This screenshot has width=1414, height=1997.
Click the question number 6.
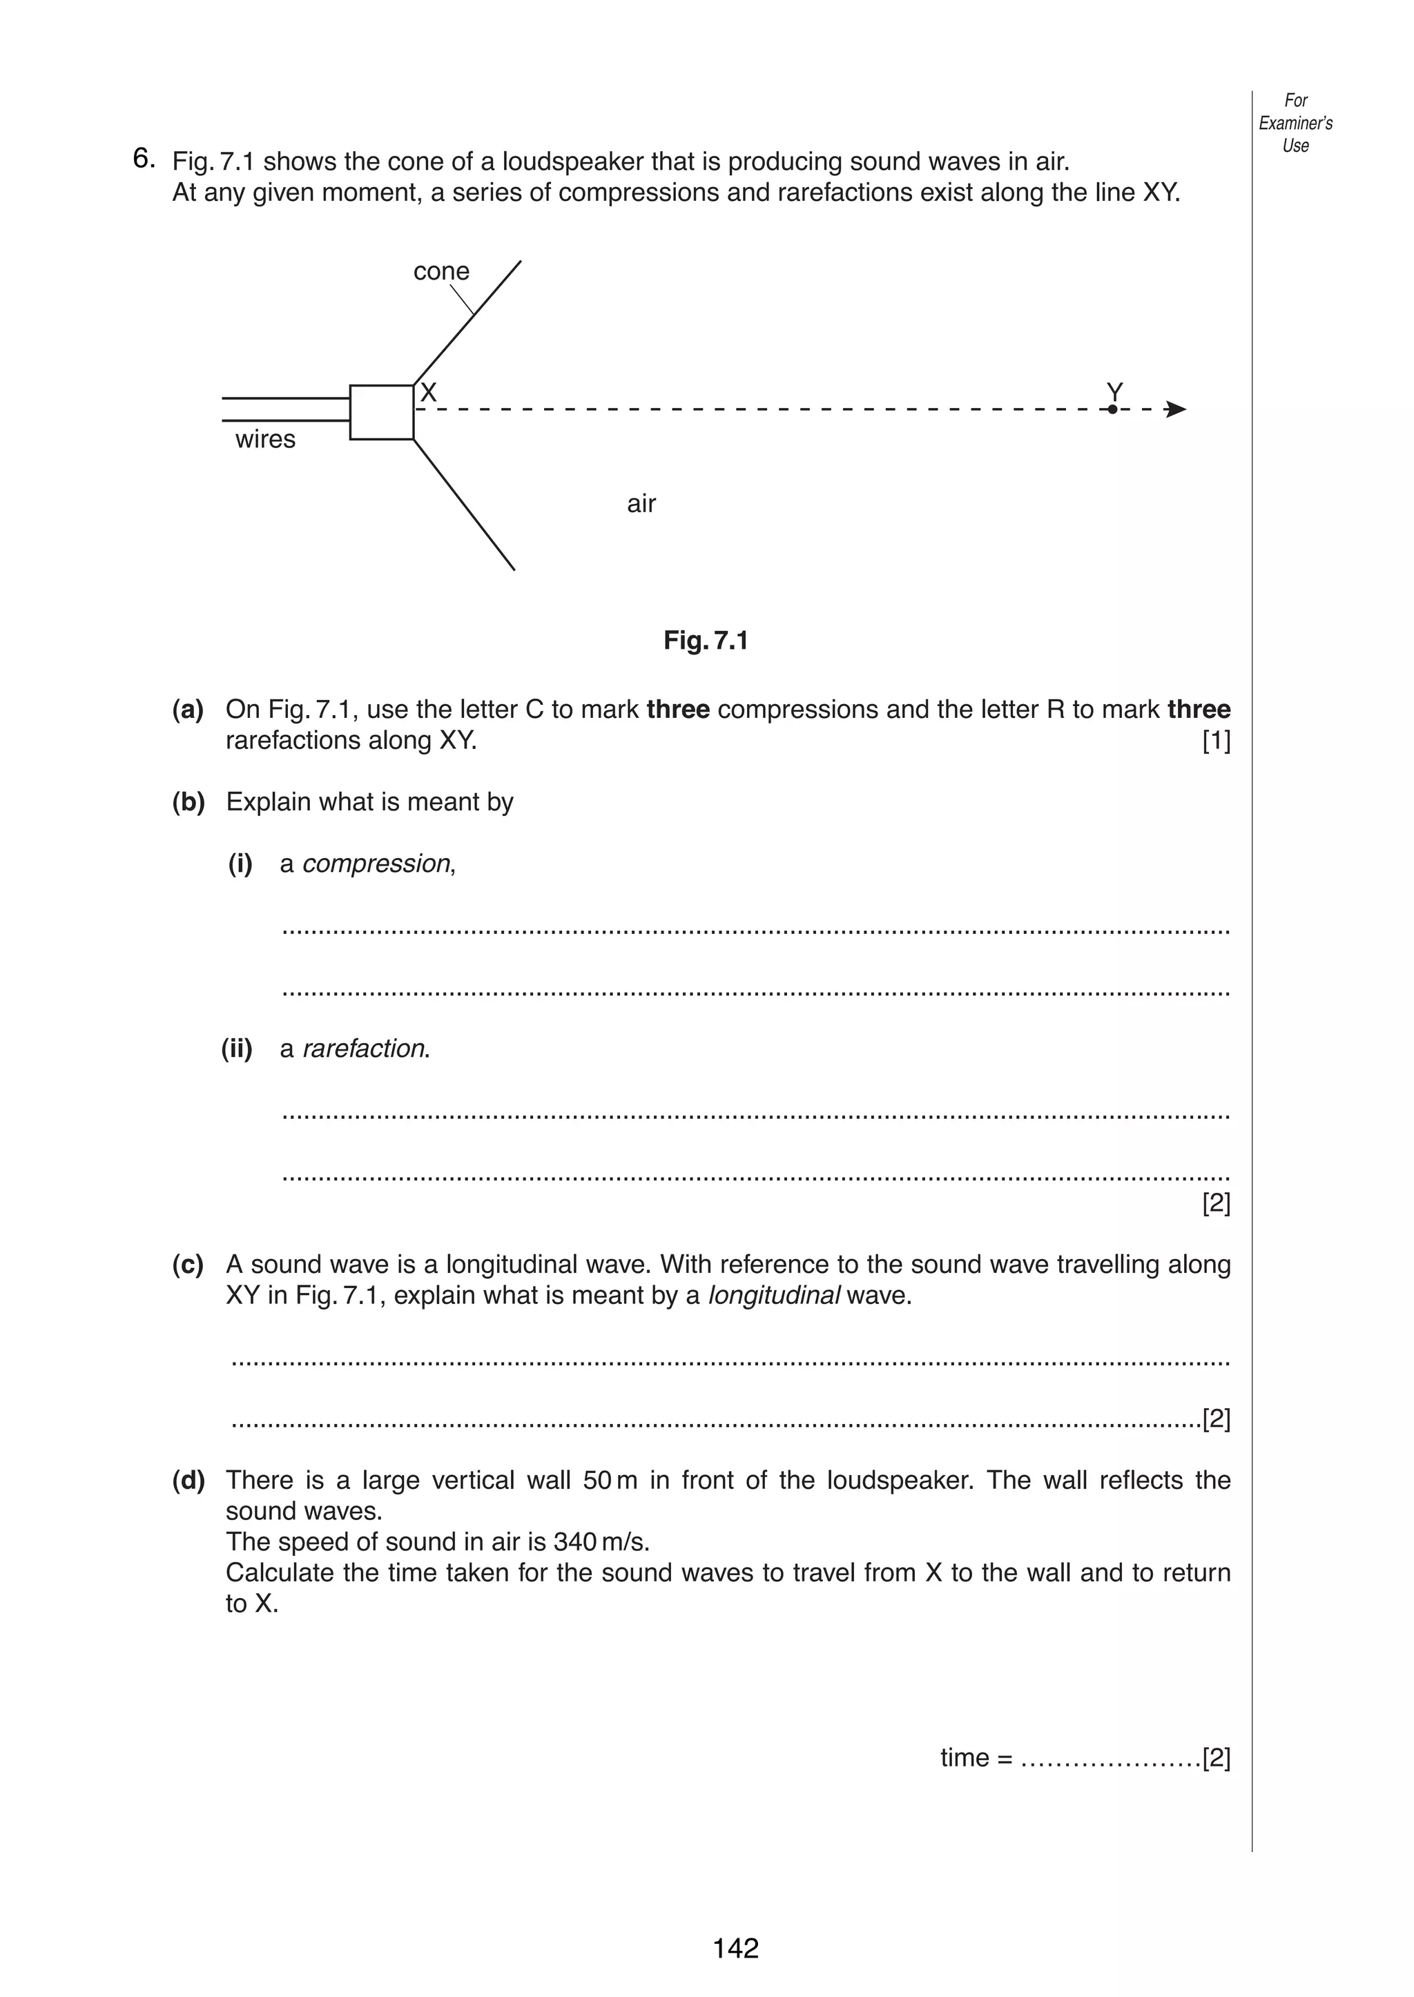tap(144, 159)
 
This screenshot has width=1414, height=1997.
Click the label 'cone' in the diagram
tap(440, 271)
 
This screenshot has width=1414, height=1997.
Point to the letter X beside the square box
tap(427, 393)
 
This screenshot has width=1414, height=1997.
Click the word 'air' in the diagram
tap(641, 504)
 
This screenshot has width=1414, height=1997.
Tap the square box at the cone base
tap(381, 412)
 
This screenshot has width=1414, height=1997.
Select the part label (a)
tap(188, 710)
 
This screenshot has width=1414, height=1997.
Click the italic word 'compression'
tap(376, 864)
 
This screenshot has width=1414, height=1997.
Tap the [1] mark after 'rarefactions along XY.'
tap(1215, 741)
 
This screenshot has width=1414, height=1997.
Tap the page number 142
tap(736, 1948)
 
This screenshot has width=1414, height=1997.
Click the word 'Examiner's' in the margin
tap(1295, 123)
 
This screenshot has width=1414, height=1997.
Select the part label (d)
tap(188, 1480)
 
